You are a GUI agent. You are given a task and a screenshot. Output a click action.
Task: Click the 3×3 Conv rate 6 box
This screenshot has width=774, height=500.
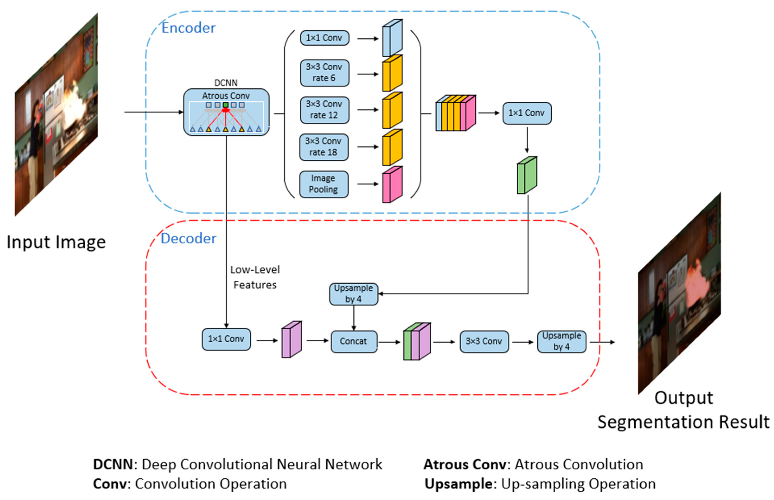click(324, 73)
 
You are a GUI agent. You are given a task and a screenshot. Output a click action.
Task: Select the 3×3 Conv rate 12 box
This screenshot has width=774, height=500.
click(324, 110)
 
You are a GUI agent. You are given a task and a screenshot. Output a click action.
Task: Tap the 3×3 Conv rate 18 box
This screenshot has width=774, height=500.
click(324, 147)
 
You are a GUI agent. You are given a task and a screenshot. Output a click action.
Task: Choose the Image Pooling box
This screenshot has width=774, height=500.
click(324, 184)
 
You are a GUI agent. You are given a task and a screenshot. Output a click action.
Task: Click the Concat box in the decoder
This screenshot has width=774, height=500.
click(354, 341)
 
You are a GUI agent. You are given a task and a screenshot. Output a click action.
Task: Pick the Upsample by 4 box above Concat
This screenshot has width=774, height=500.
click(353, 294)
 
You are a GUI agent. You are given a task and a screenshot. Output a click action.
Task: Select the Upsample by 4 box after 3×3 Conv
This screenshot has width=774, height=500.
click(561, 341)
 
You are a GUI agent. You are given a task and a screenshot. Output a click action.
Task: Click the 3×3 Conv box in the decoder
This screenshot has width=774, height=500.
click(484, 341)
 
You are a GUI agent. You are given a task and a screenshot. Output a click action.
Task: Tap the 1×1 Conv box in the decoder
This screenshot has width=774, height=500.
click(226, 339)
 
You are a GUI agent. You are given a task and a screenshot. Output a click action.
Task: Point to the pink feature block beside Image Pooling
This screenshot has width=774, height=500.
click(392, 185)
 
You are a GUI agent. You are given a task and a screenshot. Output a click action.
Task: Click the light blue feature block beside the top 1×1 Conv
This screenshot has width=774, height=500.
click(392, 38)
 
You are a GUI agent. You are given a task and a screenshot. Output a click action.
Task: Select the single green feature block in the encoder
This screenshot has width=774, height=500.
click(527, 175)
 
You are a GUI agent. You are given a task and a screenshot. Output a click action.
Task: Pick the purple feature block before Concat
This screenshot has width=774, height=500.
click(291, 340)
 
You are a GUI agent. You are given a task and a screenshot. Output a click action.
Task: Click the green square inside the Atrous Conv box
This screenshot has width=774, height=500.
click(226, 105)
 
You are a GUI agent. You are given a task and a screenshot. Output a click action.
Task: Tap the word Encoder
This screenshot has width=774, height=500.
click(188, 28)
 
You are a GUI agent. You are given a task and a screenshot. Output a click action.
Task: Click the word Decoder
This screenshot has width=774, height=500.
click(188, 239)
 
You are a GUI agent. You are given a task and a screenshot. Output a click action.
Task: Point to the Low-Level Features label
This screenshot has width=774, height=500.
click(255, 277)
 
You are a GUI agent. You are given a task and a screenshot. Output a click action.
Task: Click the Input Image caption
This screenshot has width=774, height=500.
click(56, 242)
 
